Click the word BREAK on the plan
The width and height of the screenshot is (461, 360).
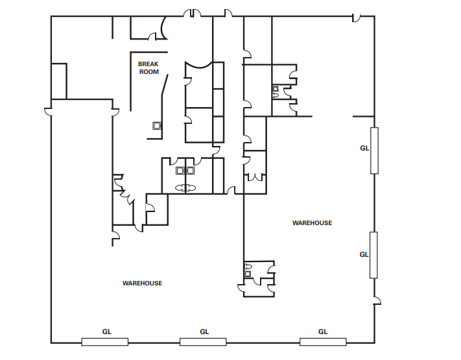[148, 64]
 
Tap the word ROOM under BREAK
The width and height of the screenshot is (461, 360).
[149, 72]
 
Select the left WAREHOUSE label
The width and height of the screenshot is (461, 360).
[142, 283]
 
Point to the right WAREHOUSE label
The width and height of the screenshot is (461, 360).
[313, 223]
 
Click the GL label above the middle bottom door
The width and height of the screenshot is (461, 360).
[204, 331]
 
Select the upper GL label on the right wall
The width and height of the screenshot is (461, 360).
[364, 149]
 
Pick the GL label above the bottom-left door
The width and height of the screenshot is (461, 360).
[107, 331]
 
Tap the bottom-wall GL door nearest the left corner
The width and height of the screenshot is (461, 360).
[105, 342]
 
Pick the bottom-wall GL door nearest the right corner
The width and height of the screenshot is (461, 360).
[323, 342]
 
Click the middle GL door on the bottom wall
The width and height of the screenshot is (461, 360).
[203, 342]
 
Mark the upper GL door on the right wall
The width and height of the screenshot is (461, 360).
[374, 150]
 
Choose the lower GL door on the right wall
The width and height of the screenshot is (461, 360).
[373, 255]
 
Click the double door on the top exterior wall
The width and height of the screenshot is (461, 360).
[193, 13]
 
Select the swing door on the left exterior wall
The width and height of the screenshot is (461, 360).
[48, 112]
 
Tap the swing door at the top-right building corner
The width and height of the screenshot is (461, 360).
[357, 18]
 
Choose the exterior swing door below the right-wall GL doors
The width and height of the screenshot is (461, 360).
[377, 300]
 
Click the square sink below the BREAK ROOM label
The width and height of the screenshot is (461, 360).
[157, 126]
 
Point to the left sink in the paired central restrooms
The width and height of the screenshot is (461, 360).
[180, 171]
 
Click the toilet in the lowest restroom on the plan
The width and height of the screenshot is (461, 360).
[248, 267]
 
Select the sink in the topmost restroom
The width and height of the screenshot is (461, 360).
[276, 89]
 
